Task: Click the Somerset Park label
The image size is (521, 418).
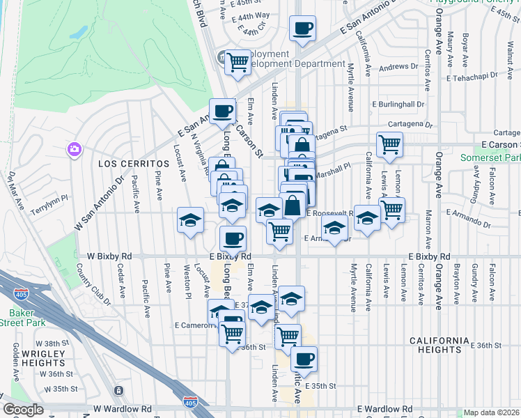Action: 490,158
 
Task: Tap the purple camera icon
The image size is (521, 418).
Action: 75,149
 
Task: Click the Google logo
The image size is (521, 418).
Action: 23,410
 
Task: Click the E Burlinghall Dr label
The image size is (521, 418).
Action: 398,104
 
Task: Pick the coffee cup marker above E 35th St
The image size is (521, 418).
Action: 303,360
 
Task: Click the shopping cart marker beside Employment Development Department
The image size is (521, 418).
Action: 238,62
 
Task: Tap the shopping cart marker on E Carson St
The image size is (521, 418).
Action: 389,145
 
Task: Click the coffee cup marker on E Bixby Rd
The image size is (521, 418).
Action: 233,238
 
